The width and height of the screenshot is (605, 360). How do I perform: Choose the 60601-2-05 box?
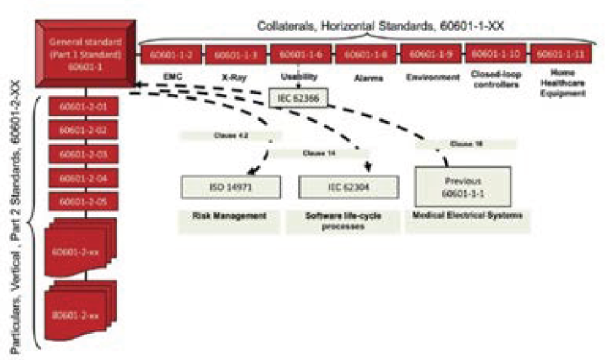84,202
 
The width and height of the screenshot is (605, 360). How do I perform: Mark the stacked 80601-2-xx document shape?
82,311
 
